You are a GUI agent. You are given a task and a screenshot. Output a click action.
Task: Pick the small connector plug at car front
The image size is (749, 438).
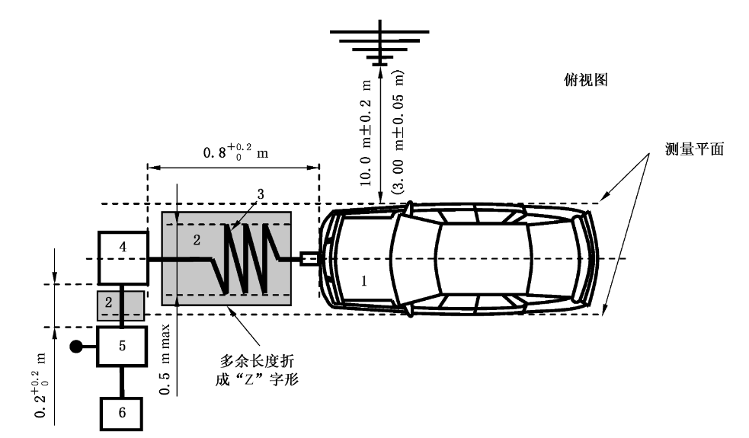(311, 259)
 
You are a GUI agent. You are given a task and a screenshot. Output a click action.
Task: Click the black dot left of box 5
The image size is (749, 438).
(76, 347)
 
